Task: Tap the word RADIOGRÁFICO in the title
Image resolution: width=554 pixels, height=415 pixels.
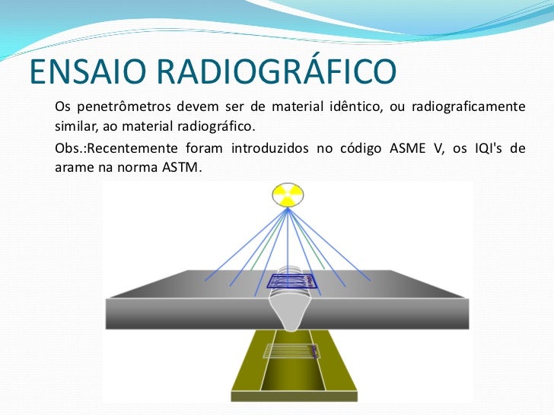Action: (277, 72)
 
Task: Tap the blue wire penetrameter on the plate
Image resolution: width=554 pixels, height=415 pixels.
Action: (291, 282)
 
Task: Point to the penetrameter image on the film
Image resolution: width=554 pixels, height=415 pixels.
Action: (290, 350)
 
